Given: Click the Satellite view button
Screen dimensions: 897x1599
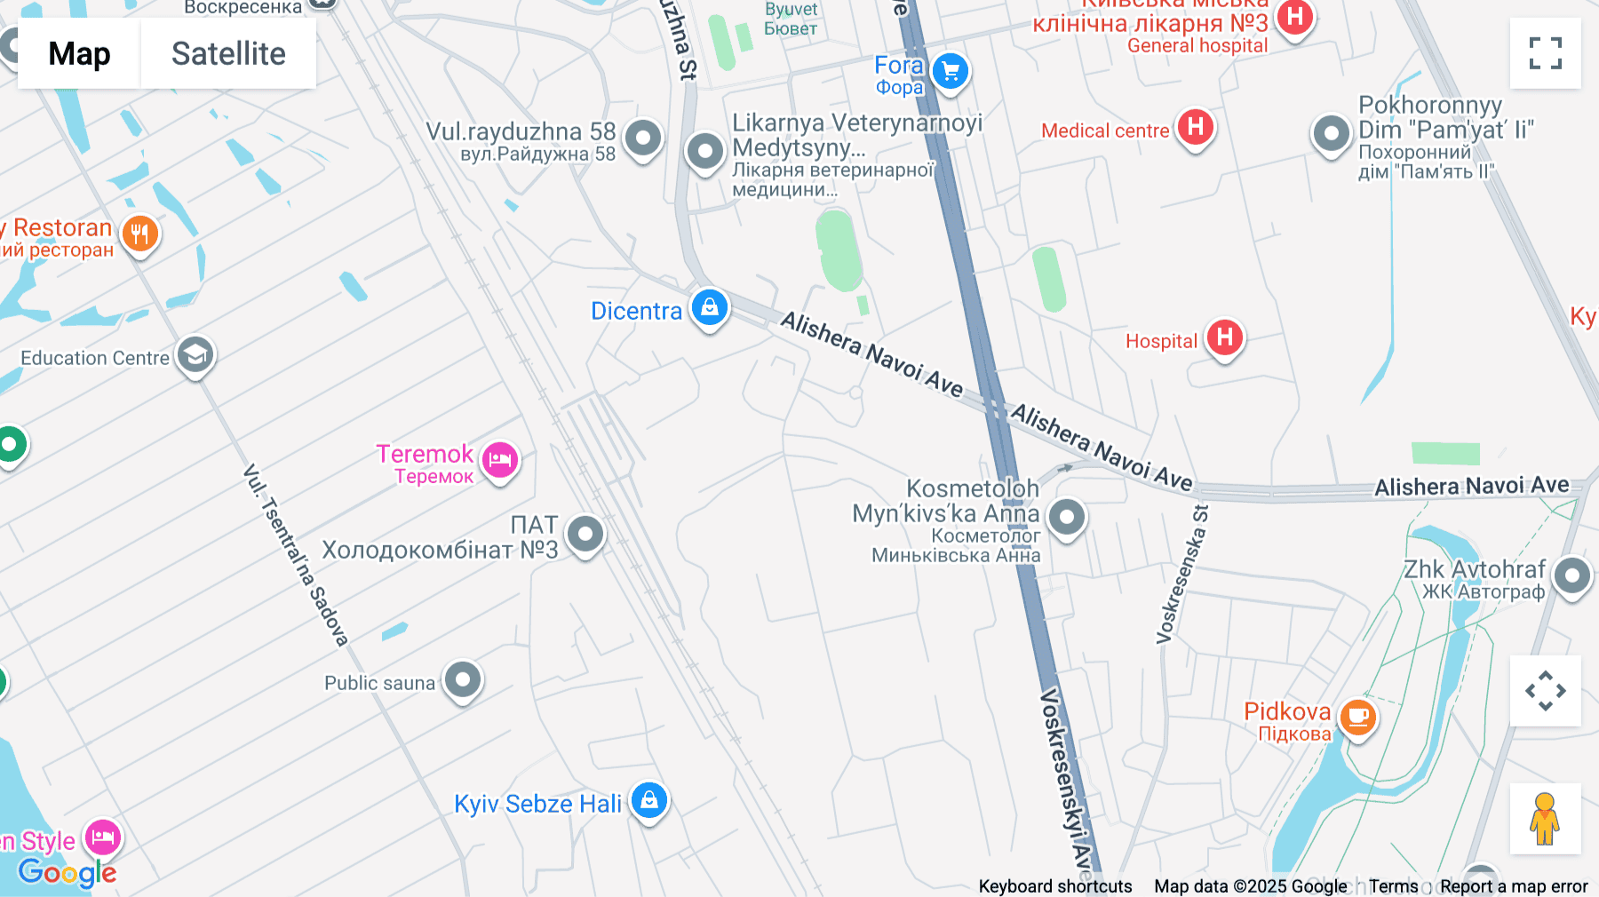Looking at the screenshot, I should tap(228, 53).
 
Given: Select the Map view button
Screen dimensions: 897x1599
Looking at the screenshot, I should tap(79, 53).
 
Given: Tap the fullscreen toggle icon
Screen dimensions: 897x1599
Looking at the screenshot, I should tap(1545, 53).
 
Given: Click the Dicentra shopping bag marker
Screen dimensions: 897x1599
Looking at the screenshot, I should tap(709, 308).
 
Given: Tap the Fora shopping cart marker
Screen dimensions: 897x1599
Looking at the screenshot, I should tap(951, 71).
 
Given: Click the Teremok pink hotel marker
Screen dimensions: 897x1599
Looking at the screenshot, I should tap(500, 460).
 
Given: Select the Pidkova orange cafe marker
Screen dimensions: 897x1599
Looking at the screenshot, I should tap(1357, 716).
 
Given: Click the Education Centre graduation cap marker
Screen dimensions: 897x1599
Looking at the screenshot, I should tap(195, 355).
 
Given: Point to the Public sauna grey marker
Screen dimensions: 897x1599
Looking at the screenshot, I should tap(463, 681).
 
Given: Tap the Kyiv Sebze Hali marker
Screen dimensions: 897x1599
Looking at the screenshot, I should tap(649, 800).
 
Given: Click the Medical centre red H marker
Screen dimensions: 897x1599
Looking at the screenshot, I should tap(1196, 127).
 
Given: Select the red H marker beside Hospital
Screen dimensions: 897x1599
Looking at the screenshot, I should tap(1224, 337).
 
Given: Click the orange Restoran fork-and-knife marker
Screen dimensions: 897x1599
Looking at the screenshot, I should tap(139, 234).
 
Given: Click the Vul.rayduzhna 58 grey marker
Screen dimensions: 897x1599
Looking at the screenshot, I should tap(642, 138).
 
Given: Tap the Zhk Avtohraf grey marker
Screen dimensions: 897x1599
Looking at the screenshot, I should tap(1571, 576).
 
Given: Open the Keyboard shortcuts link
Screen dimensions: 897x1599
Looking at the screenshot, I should tap(1054, 886).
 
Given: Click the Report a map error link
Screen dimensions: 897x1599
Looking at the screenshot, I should tap(1513, 886).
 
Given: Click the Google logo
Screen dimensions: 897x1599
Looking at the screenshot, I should tap(68, 872).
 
